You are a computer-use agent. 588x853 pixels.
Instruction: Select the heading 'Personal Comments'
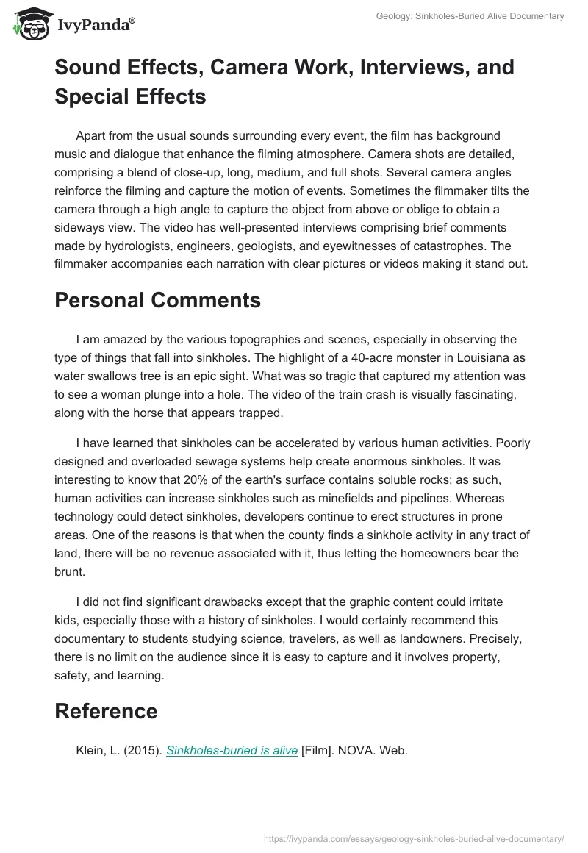click(x=157, y=300)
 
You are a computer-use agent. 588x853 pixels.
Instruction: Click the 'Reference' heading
click(x=106, y=711)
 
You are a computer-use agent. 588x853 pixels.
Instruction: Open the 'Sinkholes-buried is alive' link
click(x=232, y=751)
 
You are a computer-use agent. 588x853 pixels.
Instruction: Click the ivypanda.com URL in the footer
click(x=414, y=838)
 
